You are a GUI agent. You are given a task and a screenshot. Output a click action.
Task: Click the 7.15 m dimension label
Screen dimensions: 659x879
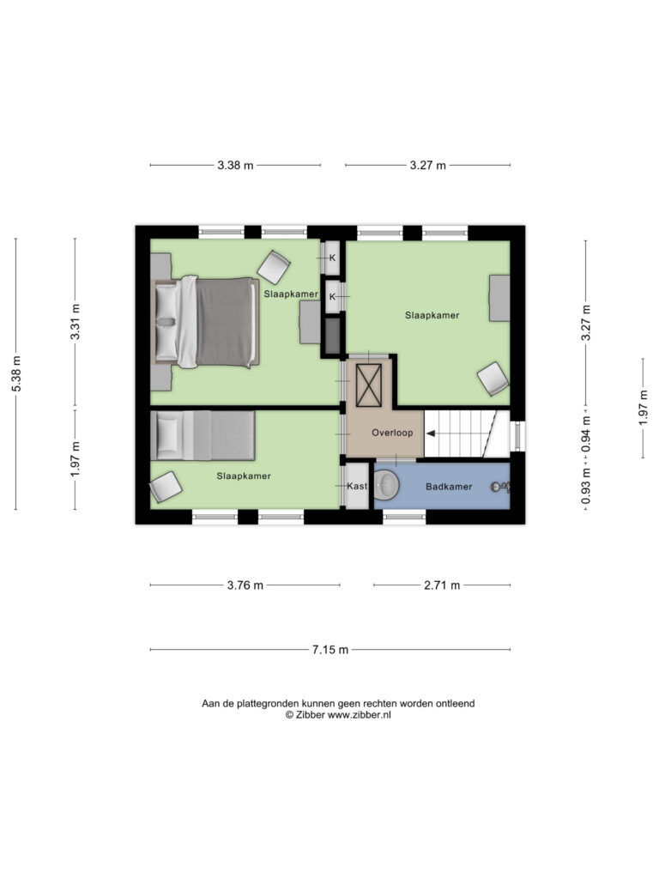point(330,650)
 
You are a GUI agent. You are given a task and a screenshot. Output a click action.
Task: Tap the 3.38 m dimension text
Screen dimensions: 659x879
point(235,166)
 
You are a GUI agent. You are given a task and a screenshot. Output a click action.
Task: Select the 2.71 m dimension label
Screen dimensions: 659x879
point(442,585)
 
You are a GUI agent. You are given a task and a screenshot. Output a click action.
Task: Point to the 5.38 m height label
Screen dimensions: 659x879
point(16,374)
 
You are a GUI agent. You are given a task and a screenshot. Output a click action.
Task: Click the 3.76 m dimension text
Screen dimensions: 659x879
point(245,585)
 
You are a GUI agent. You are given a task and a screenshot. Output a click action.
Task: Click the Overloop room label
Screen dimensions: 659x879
point(392,433)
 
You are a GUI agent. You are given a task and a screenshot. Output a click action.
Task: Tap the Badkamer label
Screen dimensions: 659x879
point(449,487)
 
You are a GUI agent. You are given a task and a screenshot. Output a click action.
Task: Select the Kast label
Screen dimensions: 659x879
point(357,486)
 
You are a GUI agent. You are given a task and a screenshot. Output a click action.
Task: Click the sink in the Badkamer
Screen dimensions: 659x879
point(385,485)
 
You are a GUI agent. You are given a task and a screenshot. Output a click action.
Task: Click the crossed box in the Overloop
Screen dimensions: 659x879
point(369,385)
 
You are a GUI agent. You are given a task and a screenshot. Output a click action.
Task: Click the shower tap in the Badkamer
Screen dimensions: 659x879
point(500,488)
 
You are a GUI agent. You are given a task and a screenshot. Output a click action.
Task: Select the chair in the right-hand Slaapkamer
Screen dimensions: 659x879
point(493,379)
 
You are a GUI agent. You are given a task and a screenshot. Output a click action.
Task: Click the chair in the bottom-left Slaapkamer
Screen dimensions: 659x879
point(166,487)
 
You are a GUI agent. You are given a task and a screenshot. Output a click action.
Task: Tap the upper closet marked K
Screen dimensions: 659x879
point(333,258)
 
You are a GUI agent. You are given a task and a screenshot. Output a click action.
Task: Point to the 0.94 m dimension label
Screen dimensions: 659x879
point(585,433)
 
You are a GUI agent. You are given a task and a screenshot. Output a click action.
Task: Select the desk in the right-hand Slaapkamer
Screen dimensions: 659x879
point(500,298)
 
